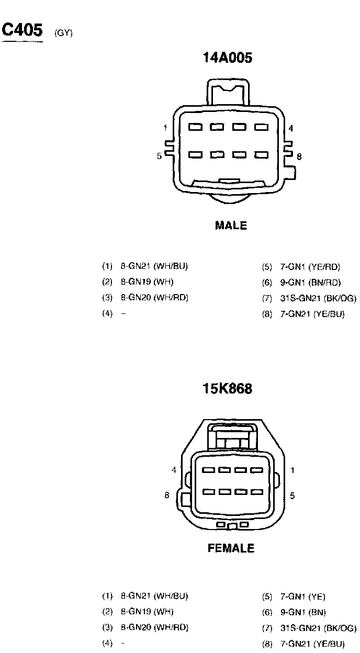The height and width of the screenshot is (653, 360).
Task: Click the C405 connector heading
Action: [22, 30]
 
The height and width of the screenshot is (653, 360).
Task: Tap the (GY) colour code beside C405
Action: [63, 33]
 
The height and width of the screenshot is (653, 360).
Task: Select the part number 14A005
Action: [227, 58]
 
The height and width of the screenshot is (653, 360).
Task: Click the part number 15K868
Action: [227, 389]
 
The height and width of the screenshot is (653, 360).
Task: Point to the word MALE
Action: [231, 226]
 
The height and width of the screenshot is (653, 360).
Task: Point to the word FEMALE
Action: [231, 548]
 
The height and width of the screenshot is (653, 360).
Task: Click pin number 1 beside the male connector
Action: [165, 128]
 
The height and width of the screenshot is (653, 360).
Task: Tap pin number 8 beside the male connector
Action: [299, 156]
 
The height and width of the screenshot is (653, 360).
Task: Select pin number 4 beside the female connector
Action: [174, 470]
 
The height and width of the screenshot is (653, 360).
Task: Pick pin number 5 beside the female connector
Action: [292, 495]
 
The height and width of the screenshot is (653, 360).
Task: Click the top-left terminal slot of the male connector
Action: [196, 127]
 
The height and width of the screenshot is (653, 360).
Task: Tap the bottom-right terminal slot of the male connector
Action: [261, 155]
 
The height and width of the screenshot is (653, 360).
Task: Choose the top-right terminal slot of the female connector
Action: [256, 470]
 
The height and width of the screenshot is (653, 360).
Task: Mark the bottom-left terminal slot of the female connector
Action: [209, 492]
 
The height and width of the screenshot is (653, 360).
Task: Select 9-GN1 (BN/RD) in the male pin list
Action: [310, 283]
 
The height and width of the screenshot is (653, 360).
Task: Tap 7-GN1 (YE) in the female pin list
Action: [303, 596]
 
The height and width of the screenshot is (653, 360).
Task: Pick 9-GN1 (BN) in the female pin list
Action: [303, 612]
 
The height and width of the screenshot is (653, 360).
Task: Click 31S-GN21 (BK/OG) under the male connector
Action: [318, 298]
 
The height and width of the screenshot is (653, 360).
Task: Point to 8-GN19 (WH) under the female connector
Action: [147, 611]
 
